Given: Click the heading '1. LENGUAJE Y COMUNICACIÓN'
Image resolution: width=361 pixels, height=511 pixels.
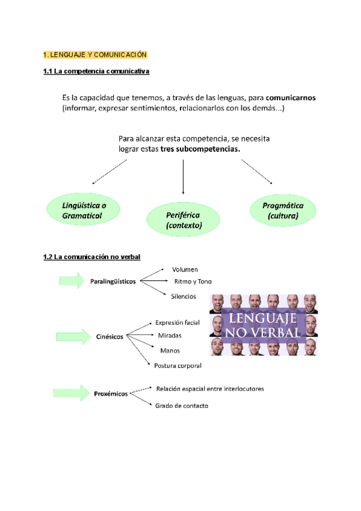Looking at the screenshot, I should [x=95, y=55].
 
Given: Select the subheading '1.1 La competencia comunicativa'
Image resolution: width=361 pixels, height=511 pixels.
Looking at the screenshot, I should [x=96, y=72].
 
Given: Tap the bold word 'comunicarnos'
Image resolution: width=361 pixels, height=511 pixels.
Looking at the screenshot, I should [x=291, y=97].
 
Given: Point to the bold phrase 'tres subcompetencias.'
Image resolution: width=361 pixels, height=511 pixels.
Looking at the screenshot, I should [x=200, y=149].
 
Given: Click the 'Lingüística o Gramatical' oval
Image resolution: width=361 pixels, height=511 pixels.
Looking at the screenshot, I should [x=82, y=210].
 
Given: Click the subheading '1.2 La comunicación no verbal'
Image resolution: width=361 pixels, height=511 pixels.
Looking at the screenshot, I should [x=91, y=257].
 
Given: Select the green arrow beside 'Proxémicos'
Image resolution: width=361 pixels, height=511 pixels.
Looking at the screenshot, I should [x=71, y=393].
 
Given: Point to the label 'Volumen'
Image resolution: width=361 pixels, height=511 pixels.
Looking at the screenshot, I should [x=185, y=269].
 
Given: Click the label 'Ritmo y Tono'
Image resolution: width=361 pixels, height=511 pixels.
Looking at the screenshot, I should [x=193, y=281].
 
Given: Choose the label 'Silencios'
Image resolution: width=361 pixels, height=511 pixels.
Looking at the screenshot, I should [x=184, y=296].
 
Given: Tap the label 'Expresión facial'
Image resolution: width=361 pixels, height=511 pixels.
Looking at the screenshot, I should [x=177, y=322].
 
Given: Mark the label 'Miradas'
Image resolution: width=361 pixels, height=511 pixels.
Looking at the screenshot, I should [x=170, y=335].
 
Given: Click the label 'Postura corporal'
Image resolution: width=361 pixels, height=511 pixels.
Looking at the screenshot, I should [x=177, y=365].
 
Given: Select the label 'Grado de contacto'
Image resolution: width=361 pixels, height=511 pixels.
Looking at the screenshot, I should [x=182, y=406].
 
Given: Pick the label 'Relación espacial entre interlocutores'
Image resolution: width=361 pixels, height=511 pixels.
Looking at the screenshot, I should [x=209, y=388].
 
